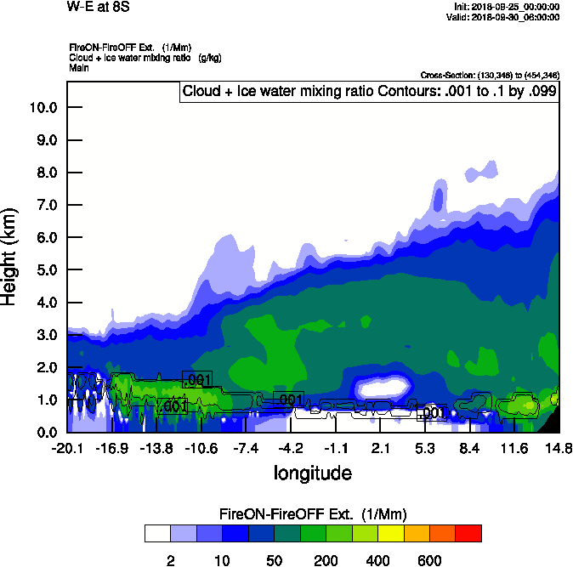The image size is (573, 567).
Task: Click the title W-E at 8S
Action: [93, 7]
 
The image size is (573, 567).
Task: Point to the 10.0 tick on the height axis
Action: [43, 108]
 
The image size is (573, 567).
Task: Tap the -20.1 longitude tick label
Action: [67, 448]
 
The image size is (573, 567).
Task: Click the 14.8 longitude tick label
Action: [559, 448]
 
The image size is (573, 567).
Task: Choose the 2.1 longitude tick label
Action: [381, 448]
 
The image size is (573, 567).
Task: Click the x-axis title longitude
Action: [312, 473]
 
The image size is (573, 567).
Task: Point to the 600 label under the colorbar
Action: [429, 560]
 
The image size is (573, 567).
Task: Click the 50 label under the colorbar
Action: [274, 560]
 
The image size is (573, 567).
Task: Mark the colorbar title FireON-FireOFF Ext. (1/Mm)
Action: [313, 514]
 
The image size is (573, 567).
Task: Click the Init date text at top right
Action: [508, 7]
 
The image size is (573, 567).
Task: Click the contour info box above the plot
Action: [370, 91]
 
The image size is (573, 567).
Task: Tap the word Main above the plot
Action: [79, 67]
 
